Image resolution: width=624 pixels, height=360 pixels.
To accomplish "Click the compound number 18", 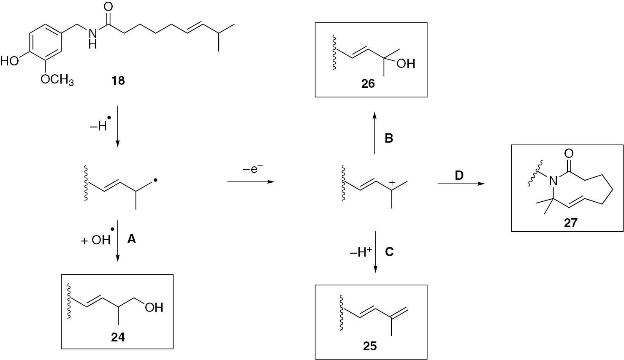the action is pos(118,81).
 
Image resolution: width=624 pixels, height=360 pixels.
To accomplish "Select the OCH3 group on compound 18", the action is pos(57,80).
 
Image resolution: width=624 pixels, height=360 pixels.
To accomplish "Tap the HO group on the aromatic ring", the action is pos(9,61).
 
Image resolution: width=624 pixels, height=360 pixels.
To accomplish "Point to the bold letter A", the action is pos(131,239).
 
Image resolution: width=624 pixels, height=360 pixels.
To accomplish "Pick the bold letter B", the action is pos(389,138).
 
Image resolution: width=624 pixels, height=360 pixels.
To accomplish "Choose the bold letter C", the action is pos(389,252).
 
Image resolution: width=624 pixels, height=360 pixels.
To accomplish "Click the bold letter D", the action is pos(459,176).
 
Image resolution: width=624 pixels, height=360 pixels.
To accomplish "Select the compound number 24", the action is pos(118,338).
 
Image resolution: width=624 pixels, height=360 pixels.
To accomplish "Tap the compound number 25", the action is pos(370,346).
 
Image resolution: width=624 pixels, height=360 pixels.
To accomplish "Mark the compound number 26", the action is pos(368,84).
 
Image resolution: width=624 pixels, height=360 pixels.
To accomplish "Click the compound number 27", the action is pos(571,223).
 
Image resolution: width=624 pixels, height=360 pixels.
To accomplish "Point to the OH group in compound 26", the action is pos(406,63).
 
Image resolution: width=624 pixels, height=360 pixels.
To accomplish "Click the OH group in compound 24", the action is pos(154,307).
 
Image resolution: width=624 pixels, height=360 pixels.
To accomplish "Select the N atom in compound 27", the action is pos(553,181).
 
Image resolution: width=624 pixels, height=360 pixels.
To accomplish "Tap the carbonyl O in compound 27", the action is pos(569,153).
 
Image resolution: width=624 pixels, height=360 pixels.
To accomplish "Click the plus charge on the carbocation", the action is pos(392,183).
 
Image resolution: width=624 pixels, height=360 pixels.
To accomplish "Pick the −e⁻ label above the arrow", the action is pos(252,168).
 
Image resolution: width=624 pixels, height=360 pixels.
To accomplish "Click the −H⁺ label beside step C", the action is pos(361,253).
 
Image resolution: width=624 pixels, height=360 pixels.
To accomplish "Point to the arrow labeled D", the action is pos(461,184).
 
